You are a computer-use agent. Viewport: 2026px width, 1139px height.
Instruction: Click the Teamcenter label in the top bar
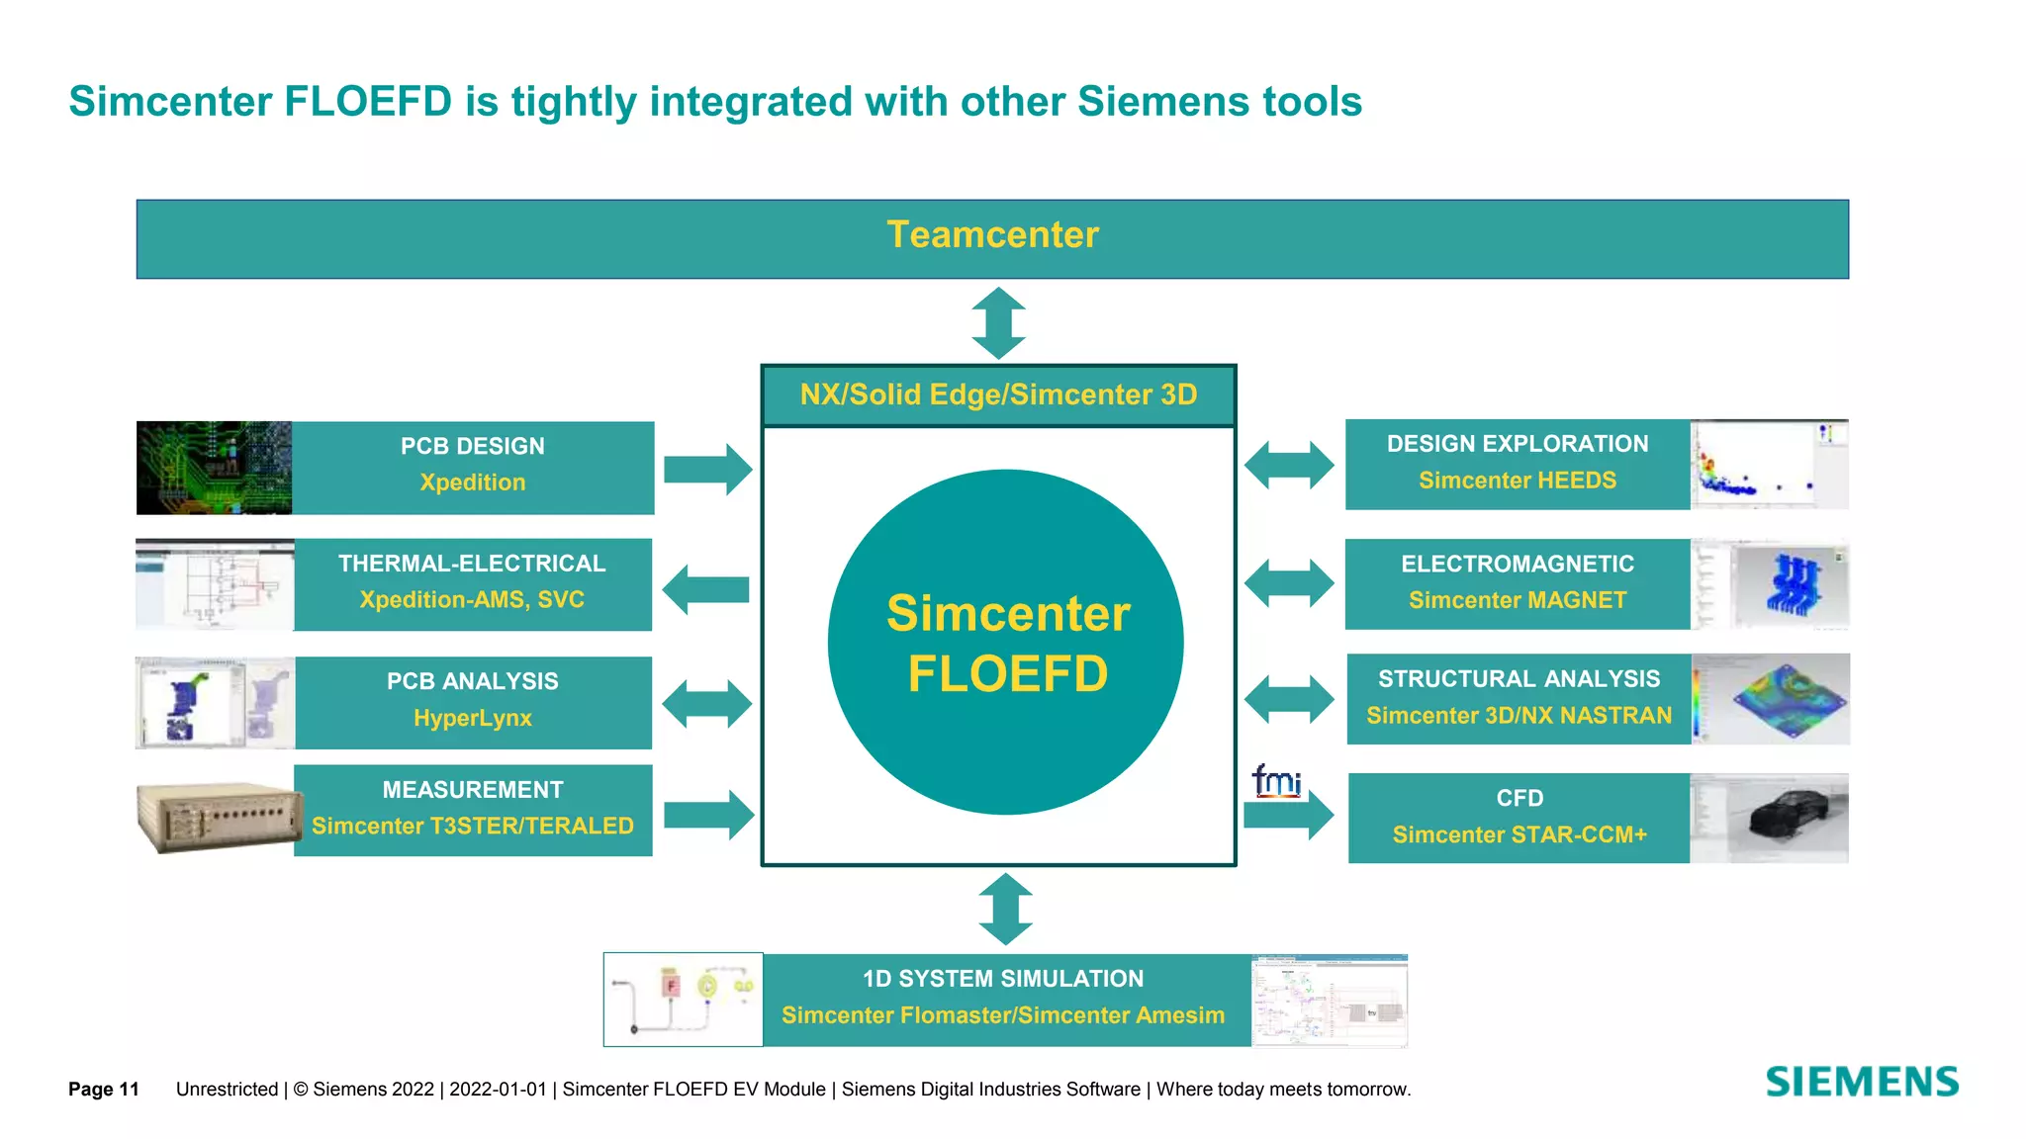(992, 235)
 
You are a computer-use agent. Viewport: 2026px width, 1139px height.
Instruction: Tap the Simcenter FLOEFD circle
(1006, 643)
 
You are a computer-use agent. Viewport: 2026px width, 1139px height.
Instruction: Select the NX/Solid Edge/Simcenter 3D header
(998, 395)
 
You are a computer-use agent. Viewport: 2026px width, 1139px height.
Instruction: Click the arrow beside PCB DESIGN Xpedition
(707, 469)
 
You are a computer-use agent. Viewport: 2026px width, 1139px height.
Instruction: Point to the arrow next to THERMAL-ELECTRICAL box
(705, 590)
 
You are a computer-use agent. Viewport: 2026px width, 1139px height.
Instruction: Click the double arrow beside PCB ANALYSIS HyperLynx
(706, 704)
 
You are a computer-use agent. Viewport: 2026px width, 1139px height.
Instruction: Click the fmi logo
(1276, 780)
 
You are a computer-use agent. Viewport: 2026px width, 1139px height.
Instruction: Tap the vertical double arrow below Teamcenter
(998, 323)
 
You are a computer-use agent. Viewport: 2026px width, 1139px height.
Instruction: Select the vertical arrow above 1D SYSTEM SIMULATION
(1005, 909)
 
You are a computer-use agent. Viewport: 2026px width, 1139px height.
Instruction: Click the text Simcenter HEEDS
(1517, 481)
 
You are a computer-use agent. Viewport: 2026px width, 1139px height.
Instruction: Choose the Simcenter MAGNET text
(1517, 600)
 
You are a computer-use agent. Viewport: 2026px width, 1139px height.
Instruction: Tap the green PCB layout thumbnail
(215, 468)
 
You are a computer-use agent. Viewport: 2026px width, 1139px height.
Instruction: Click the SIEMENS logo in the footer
(1861, 1082)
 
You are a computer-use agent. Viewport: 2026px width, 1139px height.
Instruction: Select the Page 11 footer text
(104, 1090)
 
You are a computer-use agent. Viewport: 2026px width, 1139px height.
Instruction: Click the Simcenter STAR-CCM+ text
(1519, 835)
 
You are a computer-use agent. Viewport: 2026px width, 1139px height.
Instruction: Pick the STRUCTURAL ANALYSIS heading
(1519, 679)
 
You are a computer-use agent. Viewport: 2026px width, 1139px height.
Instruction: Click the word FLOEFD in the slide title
(368, 102)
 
